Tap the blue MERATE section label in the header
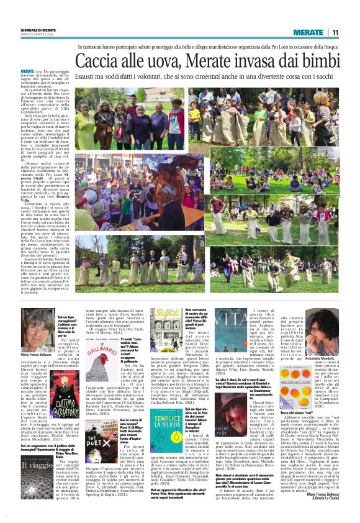308,32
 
